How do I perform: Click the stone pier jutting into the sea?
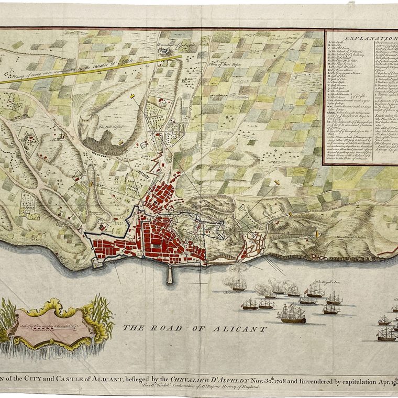coord(170,272)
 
